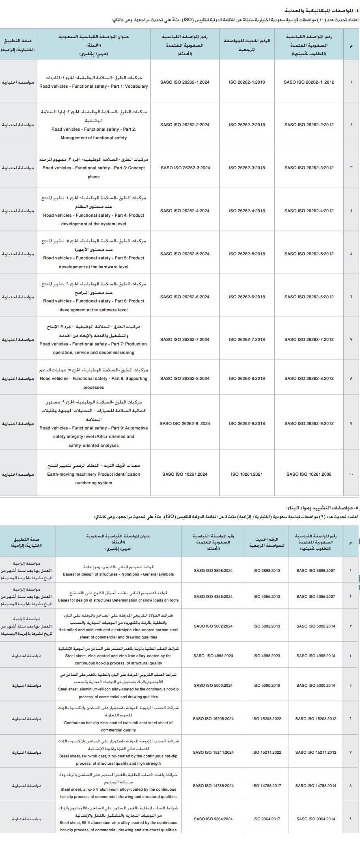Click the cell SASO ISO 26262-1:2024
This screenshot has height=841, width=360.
coord(185,82)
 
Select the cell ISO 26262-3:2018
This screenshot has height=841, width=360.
coord(247,168)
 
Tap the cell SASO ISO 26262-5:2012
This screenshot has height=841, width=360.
coord(309,254)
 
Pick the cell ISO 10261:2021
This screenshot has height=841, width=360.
coord(247,474)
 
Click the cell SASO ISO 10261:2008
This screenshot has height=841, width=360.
coord(309,474)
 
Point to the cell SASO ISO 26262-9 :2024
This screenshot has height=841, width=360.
coord(185,423)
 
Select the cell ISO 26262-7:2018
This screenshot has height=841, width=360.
coord(247,339)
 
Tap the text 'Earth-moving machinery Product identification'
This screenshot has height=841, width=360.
coord(93,474)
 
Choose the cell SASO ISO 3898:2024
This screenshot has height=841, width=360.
coord(213,570)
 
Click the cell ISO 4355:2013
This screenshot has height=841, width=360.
coord(267,596)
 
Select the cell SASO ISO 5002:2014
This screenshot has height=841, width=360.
coord(316,626)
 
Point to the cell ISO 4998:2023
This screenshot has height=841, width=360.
coord(267,656)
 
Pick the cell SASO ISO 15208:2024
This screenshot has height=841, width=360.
coord(213,718)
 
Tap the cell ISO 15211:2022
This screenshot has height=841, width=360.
coord(267,752)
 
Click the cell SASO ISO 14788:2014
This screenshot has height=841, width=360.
coord(316,785)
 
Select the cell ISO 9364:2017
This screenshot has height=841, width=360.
coord(267,819)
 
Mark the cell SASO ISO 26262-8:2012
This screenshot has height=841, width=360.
coord(309,378)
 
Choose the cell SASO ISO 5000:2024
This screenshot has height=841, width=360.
coord(213,685)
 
